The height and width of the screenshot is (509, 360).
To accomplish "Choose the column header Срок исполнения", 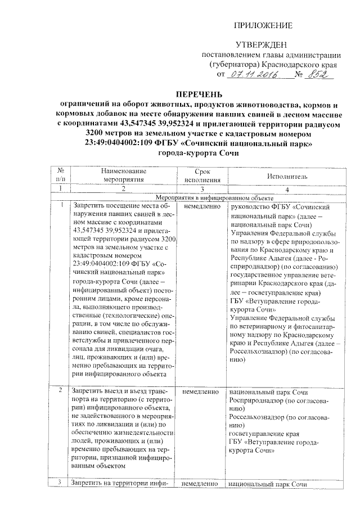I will [196, 175].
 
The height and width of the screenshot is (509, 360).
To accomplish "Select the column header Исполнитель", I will [287, 176].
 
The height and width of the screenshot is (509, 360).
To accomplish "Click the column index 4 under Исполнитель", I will [287, 189].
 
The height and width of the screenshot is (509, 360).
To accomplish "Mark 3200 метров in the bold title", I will [109, 133].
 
